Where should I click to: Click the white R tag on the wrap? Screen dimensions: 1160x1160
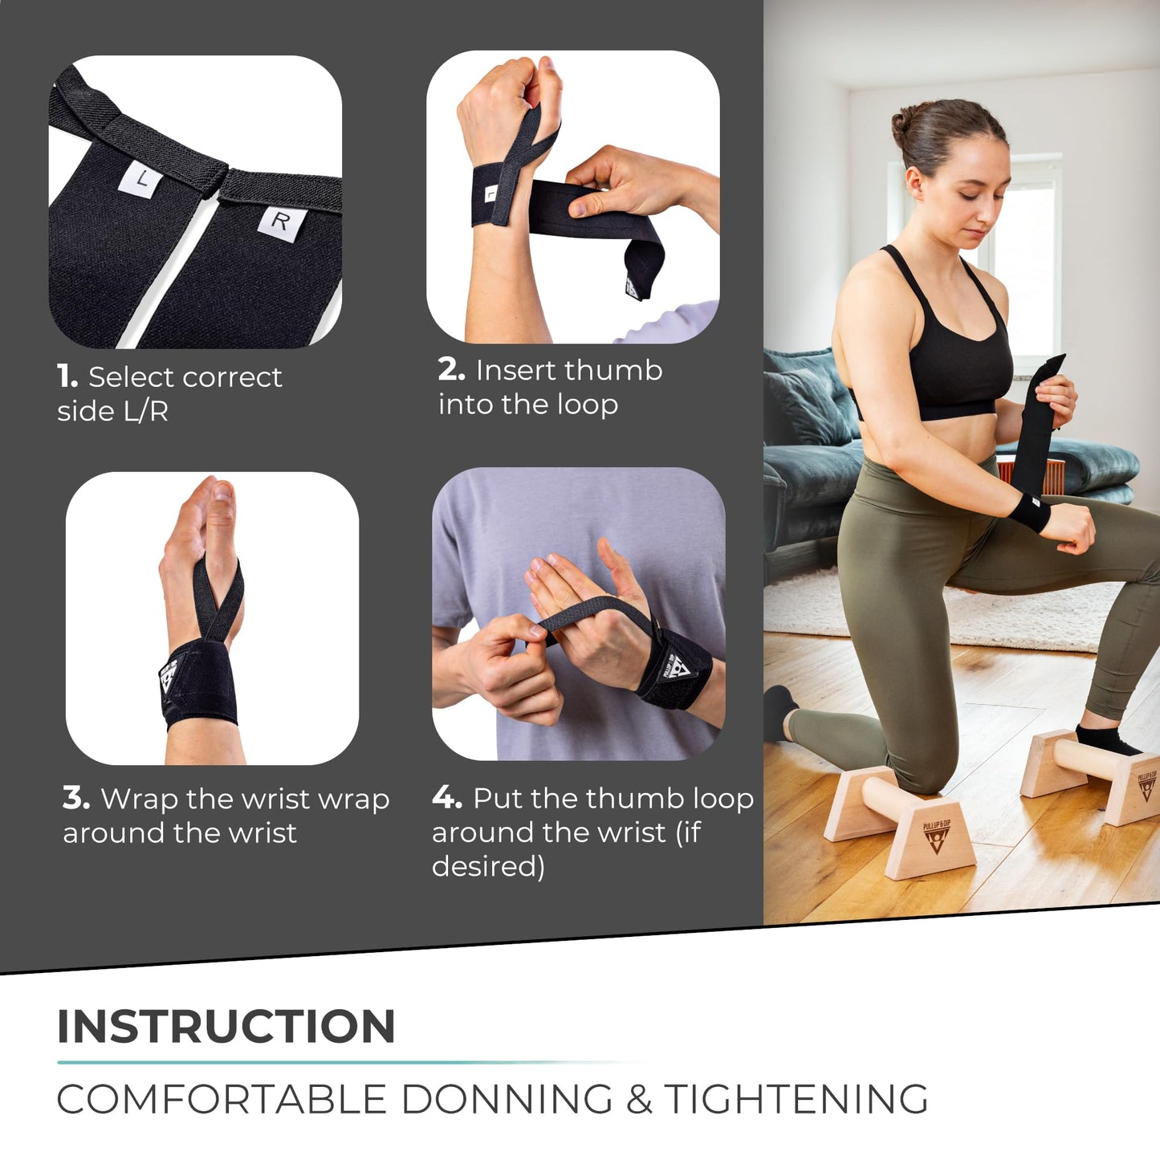coord(279,221)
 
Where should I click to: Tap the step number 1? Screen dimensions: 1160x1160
coord(67,376)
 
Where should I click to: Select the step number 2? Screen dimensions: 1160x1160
coord(451,370)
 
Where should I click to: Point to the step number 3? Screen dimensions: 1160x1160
coord(75,799)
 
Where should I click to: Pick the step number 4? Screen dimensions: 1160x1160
coord(446,798)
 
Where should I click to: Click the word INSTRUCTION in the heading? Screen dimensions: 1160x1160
coord(226,1026)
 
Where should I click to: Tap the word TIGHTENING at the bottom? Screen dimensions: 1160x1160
coord(796,1099)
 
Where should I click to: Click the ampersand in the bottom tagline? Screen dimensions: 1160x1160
coord(638,1099)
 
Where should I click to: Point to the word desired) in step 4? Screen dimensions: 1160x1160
coord(488,866)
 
